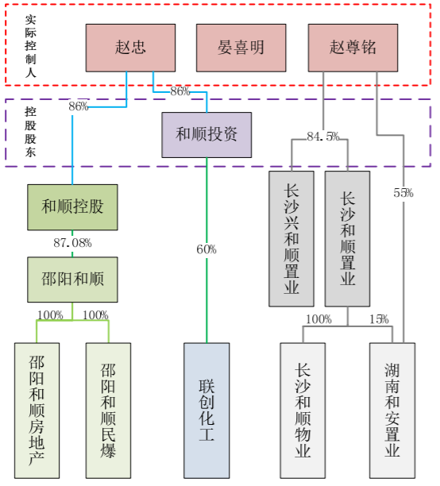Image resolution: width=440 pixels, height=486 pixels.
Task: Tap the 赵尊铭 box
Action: coord(353,48)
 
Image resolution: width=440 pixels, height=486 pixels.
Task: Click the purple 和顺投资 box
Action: coord(206,134)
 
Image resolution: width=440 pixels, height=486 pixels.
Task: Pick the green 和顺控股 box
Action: coord(72,207)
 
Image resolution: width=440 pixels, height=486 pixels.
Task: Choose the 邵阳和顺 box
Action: coord(72,280)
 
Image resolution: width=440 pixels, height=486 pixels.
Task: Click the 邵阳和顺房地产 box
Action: coord(37,411)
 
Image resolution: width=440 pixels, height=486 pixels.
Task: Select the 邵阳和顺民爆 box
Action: coord(108,411)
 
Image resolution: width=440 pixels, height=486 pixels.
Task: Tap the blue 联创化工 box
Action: coord(206,411)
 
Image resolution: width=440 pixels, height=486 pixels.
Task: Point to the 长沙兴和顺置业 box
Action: coord(291,238)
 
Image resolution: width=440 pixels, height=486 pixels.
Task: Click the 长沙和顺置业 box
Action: coord(347,238)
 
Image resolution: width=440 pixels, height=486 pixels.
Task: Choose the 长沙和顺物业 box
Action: coord(303,411)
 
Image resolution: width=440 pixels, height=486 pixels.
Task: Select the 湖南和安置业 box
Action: coord(392,411)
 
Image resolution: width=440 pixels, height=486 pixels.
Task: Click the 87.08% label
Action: coord(72,242)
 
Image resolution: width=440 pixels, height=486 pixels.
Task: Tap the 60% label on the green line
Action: coord(206,249)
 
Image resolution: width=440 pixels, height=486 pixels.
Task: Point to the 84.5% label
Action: coord(322,137)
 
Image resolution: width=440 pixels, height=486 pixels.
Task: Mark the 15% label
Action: coord(379,319)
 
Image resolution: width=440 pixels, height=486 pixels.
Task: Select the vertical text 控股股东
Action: coord(30,132)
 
